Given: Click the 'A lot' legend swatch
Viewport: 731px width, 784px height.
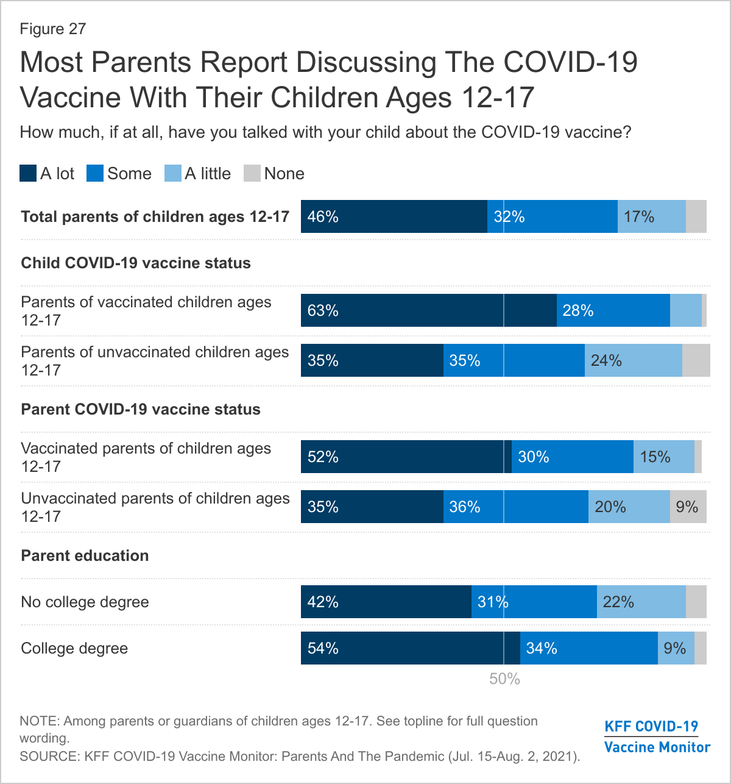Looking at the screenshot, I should pos(28,174).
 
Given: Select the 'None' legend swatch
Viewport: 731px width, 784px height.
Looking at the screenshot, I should pos(252,174).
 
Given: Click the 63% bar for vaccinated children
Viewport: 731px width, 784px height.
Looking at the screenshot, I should pos(428,310).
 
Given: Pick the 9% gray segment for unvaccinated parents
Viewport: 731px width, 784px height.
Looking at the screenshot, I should pos(688,507).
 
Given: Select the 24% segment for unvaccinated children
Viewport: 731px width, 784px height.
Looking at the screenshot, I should pos(633,360).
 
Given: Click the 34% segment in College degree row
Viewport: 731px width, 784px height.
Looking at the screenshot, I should pos(588,648).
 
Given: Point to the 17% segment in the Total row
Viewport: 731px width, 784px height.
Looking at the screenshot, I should pos(651,216).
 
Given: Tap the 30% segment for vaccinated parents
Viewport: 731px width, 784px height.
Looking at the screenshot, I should pos(572,457).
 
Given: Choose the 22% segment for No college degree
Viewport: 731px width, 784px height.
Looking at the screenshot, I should pos(641,602).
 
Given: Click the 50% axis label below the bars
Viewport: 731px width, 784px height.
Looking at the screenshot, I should pos(504,679).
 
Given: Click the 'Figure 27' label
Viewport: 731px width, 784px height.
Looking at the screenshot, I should pos(53,29).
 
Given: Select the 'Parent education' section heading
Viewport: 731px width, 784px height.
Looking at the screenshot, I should pos(85,555).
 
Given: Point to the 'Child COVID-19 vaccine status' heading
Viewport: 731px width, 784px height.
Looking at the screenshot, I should pos(136,263).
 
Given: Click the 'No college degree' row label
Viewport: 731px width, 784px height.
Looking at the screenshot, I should pos(85,602).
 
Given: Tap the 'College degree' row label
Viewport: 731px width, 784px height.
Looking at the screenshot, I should pos(74,648).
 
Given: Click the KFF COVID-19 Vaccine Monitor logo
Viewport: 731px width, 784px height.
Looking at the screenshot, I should pos(657,736).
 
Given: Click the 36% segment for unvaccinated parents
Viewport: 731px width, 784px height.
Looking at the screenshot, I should pos(515,507).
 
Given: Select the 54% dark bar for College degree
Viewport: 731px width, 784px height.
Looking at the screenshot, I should pos(410,648).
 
